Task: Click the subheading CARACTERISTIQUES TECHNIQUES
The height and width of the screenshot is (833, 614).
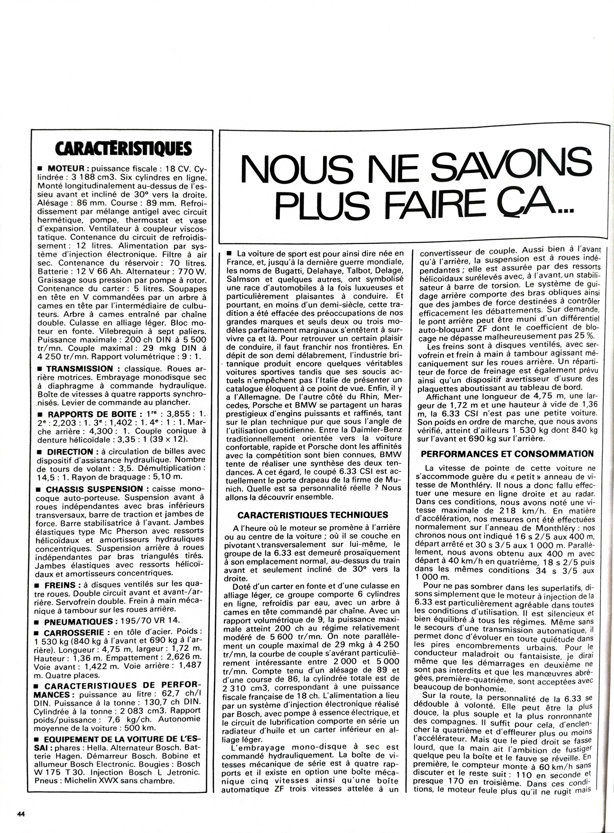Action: pyautogui.click(x=313, y=515)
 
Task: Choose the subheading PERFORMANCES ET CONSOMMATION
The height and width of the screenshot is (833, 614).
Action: pyautogui.click(x=507, y=453)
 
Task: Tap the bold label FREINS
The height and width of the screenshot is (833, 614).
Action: pyautogui.click(x=60, y=585)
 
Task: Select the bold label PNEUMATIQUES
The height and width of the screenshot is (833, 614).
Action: pyautogui.click(x=78, y=621)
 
